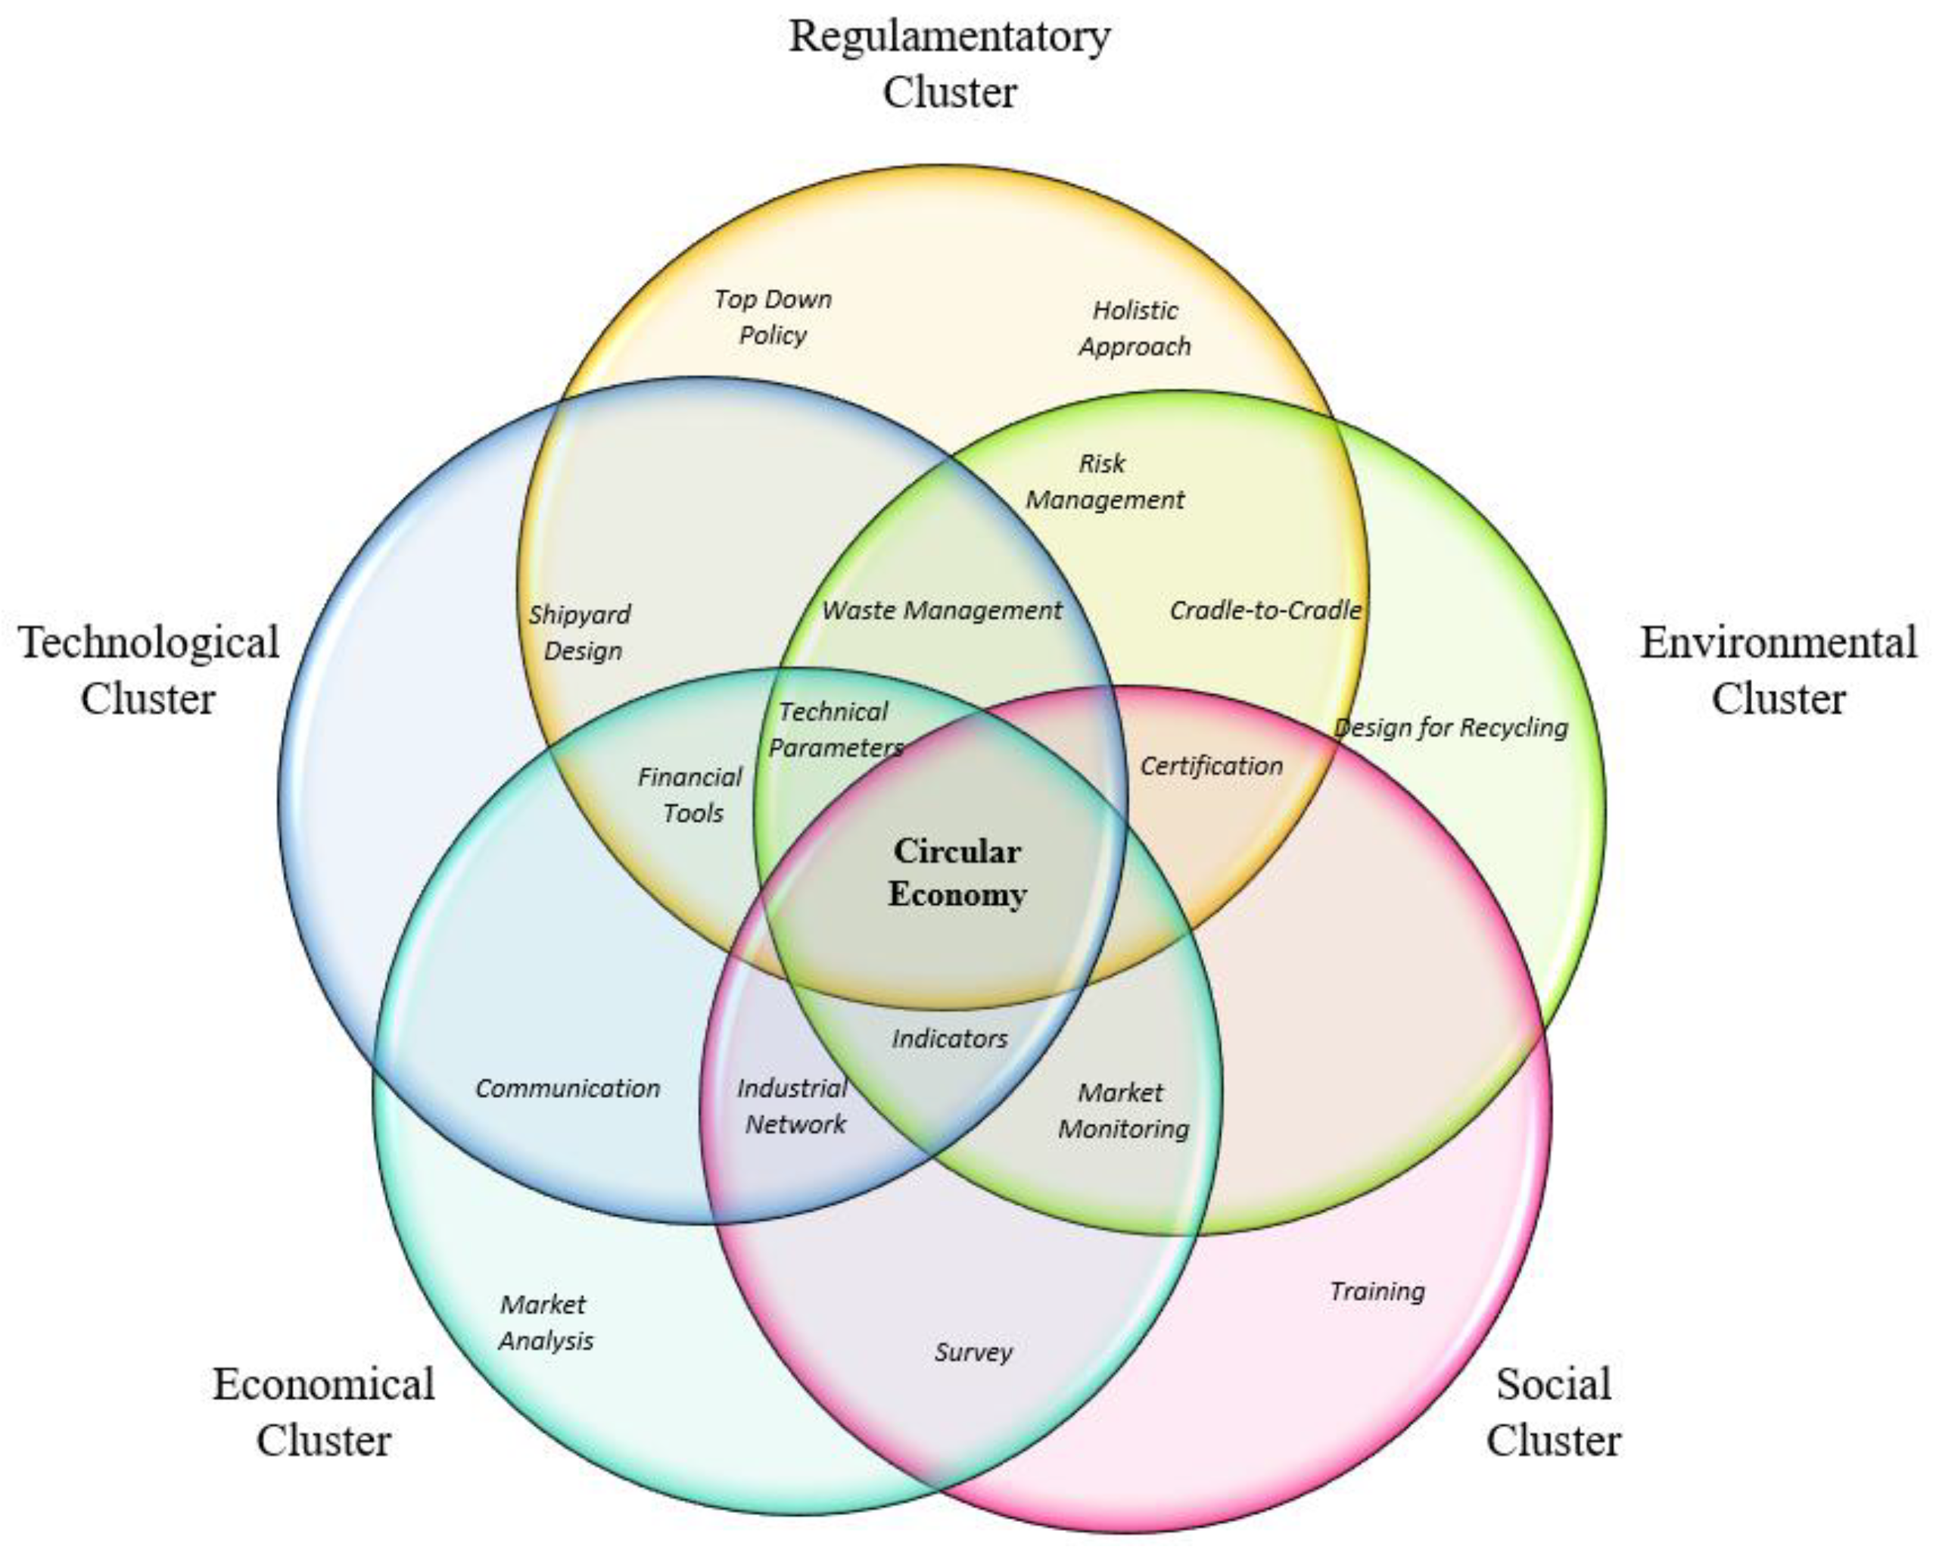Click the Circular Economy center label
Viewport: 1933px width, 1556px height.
(957, 872)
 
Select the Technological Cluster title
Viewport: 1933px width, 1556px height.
(149, 670)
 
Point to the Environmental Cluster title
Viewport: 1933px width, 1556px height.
(1779, 670)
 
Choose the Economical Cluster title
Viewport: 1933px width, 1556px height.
(324, 1411)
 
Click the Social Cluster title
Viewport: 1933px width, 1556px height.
(1554, 1411)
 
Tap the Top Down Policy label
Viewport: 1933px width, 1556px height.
(773, 317)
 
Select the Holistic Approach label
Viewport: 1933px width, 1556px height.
(1135, 329)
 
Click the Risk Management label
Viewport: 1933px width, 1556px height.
(1104, 482)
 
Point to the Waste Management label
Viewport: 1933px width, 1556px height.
(942, 611)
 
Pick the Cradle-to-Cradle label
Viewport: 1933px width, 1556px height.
(1265, 611)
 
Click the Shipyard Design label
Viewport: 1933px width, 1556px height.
(580, 632)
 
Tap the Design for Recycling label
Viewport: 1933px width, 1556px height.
(1451, 728)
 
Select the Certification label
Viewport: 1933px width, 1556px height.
(1211, 766)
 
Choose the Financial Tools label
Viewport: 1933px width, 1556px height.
(690, 794)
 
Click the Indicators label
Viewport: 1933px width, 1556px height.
(949, 1039)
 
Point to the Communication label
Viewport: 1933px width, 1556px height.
(568, 1088)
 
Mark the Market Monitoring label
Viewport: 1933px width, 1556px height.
(1122, 1110)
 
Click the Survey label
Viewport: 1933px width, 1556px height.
(973, 1352)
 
